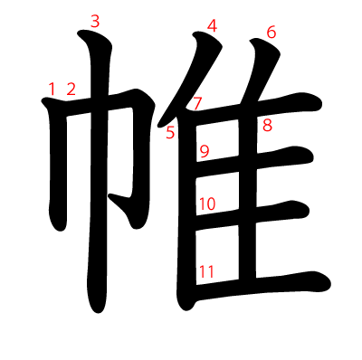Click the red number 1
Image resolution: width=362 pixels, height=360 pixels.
pyautogui.click(x=52, y=89)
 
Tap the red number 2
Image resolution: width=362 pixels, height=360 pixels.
pyautogui.click(x=71, y=89)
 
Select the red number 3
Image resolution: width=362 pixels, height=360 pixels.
pyautogui.click(x=95, y=21)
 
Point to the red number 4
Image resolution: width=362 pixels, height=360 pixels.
pyautogui.click(x=212, y=26)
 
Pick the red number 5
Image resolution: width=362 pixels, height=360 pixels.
pyautogui.click(x=169, y=134)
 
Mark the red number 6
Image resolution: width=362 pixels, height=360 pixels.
pyautogui.click(x=271, y=33)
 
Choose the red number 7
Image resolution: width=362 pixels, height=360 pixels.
pyautogui.click(x=197, y=103)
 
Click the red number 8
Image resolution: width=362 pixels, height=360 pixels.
pyautogui.click(x=267, y=125)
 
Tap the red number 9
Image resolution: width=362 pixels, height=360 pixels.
pyautogui.click(x=204, y=151)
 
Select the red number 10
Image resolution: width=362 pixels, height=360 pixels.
pyautogui.click(x=206, y=204)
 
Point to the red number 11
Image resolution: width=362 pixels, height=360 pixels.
pyautogui.click(x=206, y=270)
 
